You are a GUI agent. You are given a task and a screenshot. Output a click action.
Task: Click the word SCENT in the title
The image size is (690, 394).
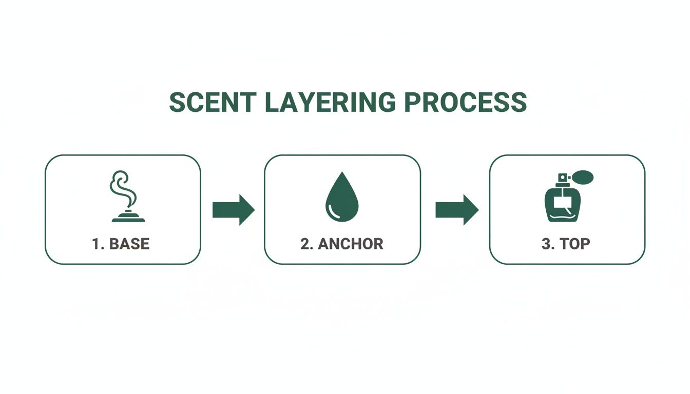pyautogui.click(x=212, y=103)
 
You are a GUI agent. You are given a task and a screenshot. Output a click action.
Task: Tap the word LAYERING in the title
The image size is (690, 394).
pyautogui.click(x=330, y=103)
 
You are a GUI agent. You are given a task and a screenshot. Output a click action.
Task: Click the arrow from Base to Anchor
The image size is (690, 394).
pyautogui.click(x=234, y=209)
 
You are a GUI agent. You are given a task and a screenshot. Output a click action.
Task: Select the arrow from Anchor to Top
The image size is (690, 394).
pyautogui.click(x=457, y=209)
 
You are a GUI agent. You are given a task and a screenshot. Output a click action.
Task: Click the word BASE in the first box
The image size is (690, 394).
pyautogui.click(x=129, y=244)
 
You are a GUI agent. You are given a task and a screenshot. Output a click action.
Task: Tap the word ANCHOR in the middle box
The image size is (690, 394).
pyautogui.click(x=350, y=244)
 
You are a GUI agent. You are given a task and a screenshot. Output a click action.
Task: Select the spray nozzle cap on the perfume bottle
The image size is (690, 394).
pyautogui.click(x=562, y=179)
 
